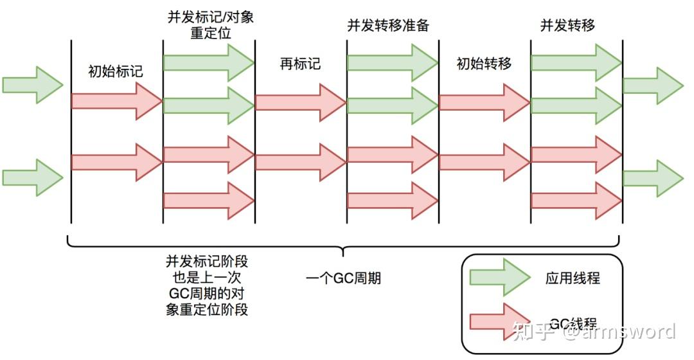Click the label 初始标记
[116, 71]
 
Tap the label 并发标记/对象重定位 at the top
[209, 24]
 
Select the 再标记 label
[300, 64]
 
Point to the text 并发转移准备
[388, 25]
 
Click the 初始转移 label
[484, 64]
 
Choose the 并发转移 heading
[567, 25]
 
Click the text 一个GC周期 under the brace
[343, 278]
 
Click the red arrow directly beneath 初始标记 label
[116, 101]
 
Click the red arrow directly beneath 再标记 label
[300, 102]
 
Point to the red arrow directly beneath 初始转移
[484, 102]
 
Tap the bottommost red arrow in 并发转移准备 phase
[392, 200]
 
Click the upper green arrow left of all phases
[33, 84]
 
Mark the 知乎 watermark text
[519, 332]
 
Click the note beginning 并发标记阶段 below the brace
[208, 285]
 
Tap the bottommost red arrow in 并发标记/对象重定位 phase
[209, 200]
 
